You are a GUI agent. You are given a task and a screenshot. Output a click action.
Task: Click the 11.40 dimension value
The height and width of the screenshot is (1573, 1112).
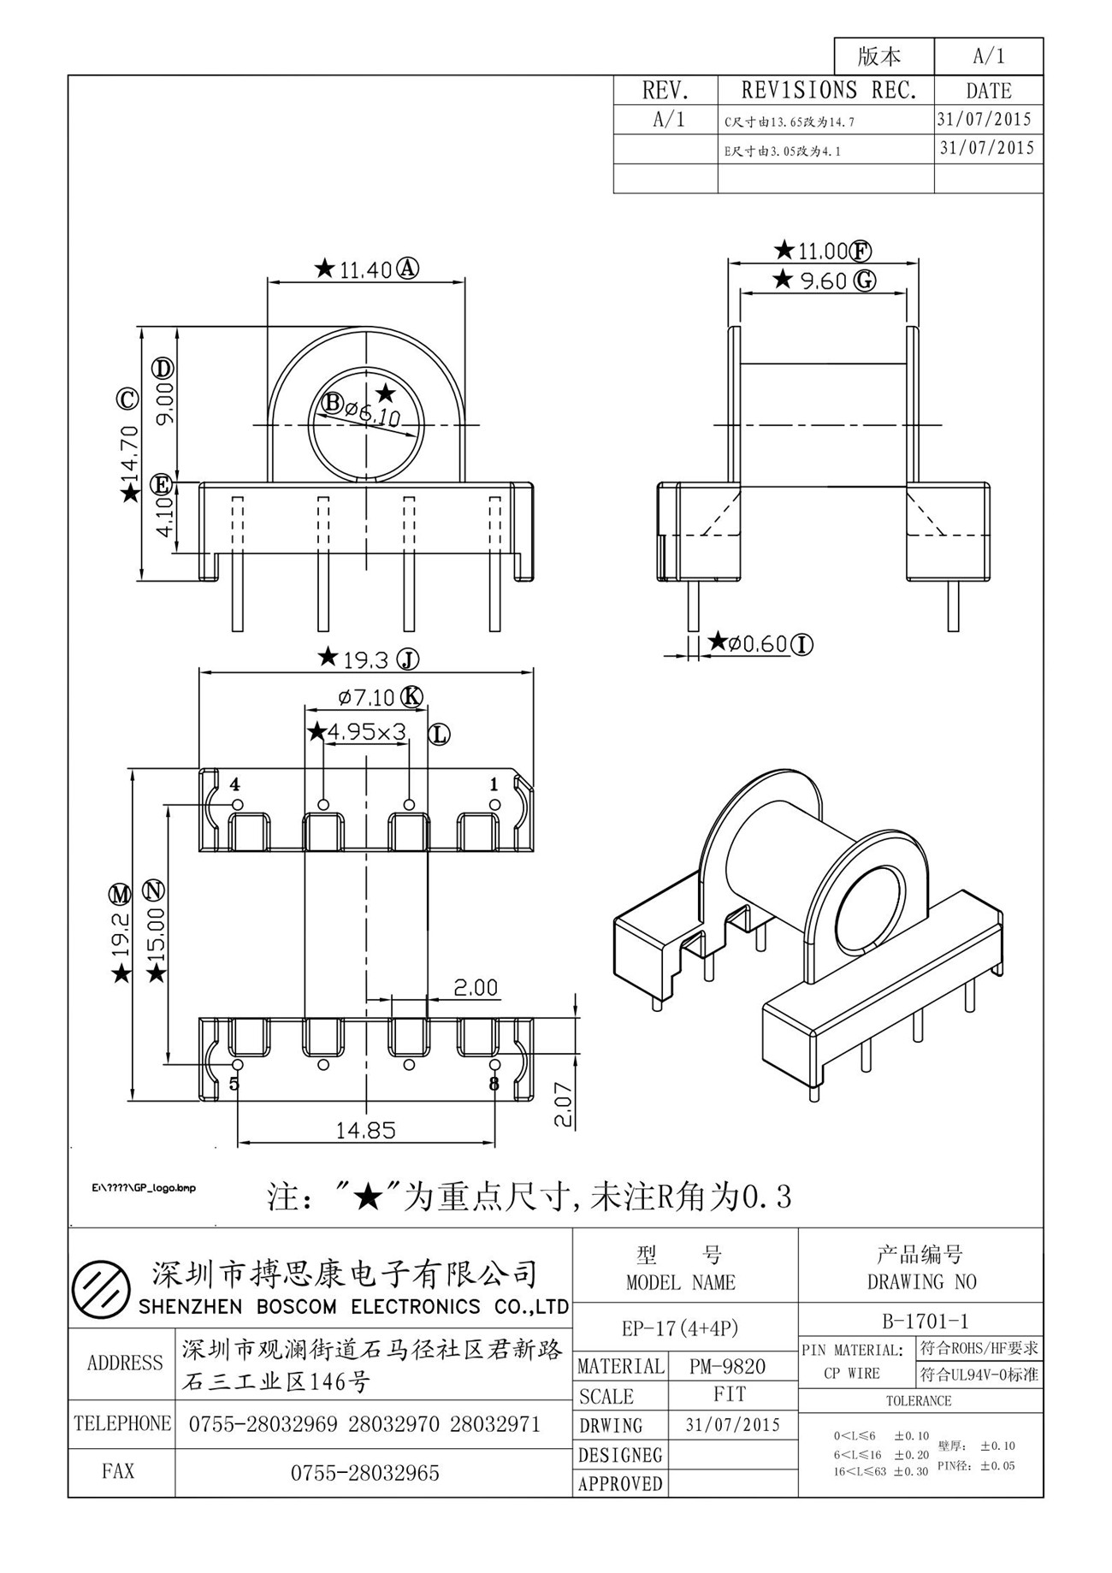[x=365, y=270]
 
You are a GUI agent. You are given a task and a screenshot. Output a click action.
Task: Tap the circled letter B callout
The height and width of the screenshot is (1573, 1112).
[x=333, y=401]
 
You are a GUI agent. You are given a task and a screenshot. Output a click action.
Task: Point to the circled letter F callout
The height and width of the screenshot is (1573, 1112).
[x=861, y=251]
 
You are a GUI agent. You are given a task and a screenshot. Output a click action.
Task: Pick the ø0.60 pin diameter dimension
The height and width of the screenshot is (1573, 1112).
[x=758, y=643]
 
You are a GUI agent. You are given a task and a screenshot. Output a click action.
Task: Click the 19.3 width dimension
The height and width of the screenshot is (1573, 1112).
[x=366, y=659]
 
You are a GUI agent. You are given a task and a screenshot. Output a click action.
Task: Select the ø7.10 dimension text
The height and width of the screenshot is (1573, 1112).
[x=366, y=697]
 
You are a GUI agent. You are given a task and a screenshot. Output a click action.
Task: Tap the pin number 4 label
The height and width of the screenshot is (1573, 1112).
[x=234, y=784]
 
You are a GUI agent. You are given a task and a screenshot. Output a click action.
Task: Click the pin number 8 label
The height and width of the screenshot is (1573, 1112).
[x=494, y=1084]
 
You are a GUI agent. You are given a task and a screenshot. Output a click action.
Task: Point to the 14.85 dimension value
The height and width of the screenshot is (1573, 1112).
[x=366, y=1130]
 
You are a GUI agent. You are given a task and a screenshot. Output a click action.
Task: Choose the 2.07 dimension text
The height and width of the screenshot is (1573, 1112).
[x=563, y=1105]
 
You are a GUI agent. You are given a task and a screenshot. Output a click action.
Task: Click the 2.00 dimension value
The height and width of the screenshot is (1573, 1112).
[x=475, y=988]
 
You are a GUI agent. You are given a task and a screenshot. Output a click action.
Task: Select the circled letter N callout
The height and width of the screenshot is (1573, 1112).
[x=154, y=890]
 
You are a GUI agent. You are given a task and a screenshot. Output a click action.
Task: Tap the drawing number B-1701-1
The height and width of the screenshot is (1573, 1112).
[x=920, y=1322]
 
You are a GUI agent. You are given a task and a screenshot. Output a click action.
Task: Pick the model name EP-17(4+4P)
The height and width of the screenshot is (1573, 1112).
[x=680, y=1328]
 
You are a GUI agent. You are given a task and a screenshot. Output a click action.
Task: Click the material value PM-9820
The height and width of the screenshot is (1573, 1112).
[x=727, y=1366]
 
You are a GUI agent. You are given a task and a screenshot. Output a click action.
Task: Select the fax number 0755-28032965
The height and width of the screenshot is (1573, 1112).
[x=365, y=1473]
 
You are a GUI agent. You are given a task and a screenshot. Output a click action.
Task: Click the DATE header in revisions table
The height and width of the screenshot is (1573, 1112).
[x=989, y=91]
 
